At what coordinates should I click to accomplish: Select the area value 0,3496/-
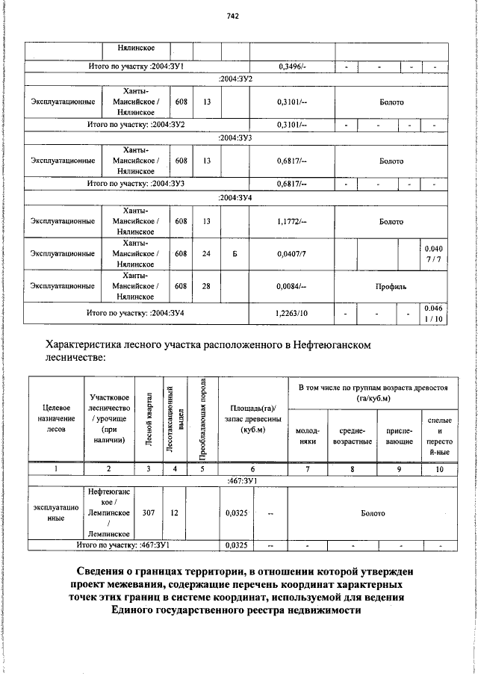(x=291, y=67)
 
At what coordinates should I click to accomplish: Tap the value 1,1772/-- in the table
(x=291, y=222)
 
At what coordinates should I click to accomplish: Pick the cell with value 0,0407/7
(x=291, y=253)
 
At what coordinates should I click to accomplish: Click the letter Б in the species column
(x=235, y=253)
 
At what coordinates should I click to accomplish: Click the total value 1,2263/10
(x=291, y=314)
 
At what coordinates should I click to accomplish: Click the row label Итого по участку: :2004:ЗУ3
(x=136, y=183)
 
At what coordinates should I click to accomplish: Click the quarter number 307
(x=149, y=513)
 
